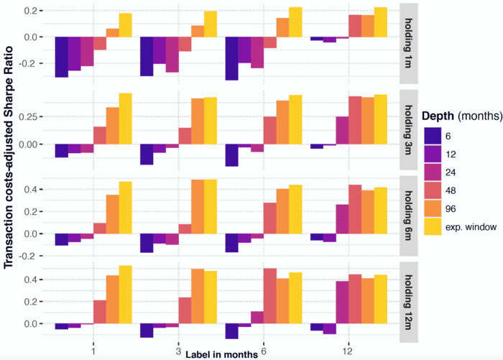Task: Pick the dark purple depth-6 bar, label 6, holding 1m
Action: (x=231, y=58)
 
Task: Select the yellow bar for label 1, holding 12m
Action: (x=126, y=295)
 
